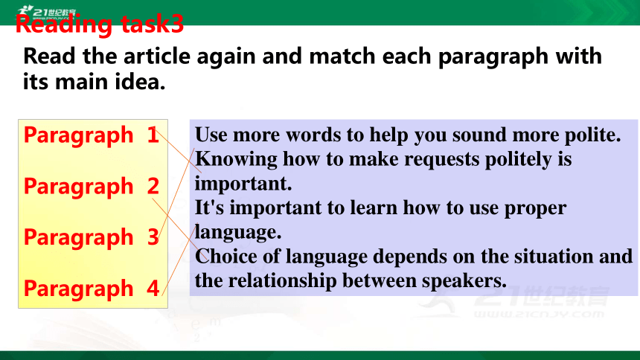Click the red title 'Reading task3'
(x=100, y=24)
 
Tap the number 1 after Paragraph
(x=153, y=135)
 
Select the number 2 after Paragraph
(x=153, y=186)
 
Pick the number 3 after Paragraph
(x=153, y=237)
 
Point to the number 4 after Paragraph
(x=153, y=288)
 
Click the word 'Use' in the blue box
(x=211, y=135)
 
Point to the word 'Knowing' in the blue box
(x=237, y=160)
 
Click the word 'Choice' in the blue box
(x=226, y=257)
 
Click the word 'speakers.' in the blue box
(x=464, y=281)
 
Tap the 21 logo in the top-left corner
(x=46, y=12)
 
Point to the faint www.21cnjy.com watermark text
(x=539, y=315)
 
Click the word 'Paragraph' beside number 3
(x=78, y=238)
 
